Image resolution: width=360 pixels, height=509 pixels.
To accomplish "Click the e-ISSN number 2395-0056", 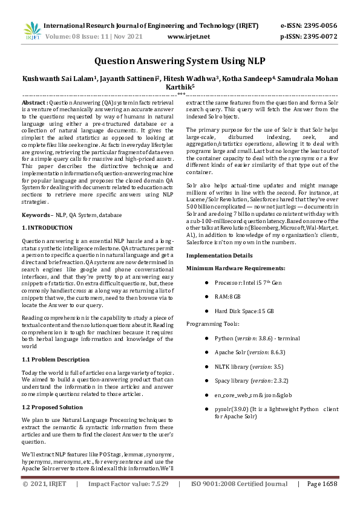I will coord(319,26).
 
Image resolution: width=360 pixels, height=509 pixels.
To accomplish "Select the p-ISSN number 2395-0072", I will coord(319,36).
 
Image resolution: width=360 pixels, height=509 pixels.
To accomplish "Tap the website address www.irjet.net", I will coord(188,36).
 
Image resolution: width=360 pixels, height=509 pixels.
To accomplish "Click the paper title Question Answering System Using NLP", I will coord(180,61).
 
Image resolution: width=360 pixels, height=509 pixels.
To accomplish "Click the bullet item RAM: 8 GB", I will coord(227,297).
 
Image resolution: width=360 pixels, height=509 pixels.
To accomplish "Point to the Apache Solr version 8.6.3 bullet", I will coord(241,352).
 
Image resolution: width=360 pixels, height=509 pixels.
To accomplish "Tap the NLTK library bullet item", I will coord(240,366).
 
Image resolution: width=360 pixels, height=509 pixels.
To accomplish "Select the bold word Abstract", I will coord(34,103).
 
